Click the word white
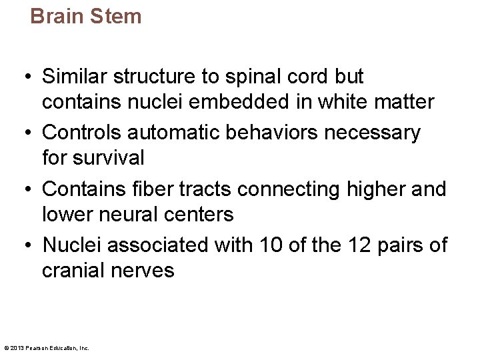coord(343,102)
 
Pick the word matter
coord(404,102)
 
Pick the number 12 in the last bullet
coord(362,245)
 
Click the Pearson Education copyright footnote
coord(46,347)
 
